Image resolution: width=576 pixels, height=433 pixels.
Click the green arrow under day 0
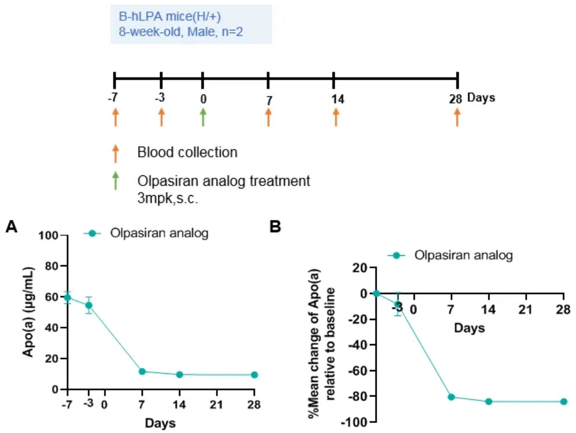click(203, 118)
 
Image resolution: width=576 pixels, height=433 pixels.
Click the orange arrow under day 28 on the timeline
click(457, 118)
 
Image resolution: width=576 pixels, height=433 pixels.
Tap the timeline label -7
click(113, 98)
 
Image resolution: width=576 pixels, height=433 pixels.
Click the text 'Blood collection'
click(188, 152)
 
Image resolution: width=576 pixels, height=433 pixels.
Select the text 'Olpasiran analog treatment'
click(223, 182)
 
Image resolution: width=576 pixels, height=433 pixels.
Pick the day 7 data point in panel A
click(142, 372)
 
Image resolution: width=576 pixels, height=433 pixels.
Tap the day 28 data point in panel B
click(563, 402)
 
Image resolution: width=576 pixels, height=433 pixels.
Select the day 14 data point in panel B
click(488, 402)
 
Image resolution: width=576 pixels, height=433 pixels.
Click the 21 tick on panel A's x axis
click(217, 404)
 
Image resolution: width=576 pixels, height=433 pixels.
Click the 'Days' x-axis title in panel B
click(469, 328)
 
